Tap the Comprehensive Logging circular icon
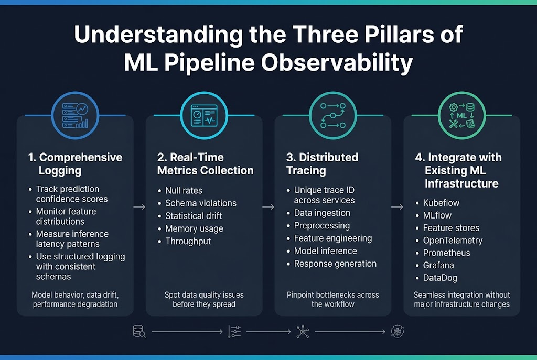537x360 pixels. (75, 115)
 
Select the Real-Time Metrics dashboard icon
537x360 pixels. (203, 115)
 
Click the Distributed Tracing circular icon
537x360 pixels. (332, 115)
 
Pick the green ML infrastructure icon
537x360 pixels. (461, 115)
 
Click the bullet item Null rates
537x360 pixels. (184, 191)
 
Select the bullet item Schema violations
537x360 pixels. (201, 203)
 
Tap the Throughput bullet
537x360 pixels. (188, 241)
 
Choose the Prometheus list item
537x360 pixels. (447, 253)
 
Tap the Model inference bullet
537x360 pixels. (325, 251)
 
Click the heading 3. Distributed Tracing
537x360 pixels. (321, 163)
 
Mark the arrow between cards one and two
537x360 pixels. (139, 208)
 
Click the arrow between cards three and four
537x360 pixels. (398, 208)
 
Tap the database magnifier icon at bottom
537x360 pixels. (139, 331)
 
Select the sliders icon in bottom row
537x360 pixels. (235, 331)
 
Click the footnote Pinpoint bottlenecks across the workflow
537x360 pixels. (332, 299)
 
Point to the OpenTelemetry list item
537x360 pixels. (453, 241)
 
